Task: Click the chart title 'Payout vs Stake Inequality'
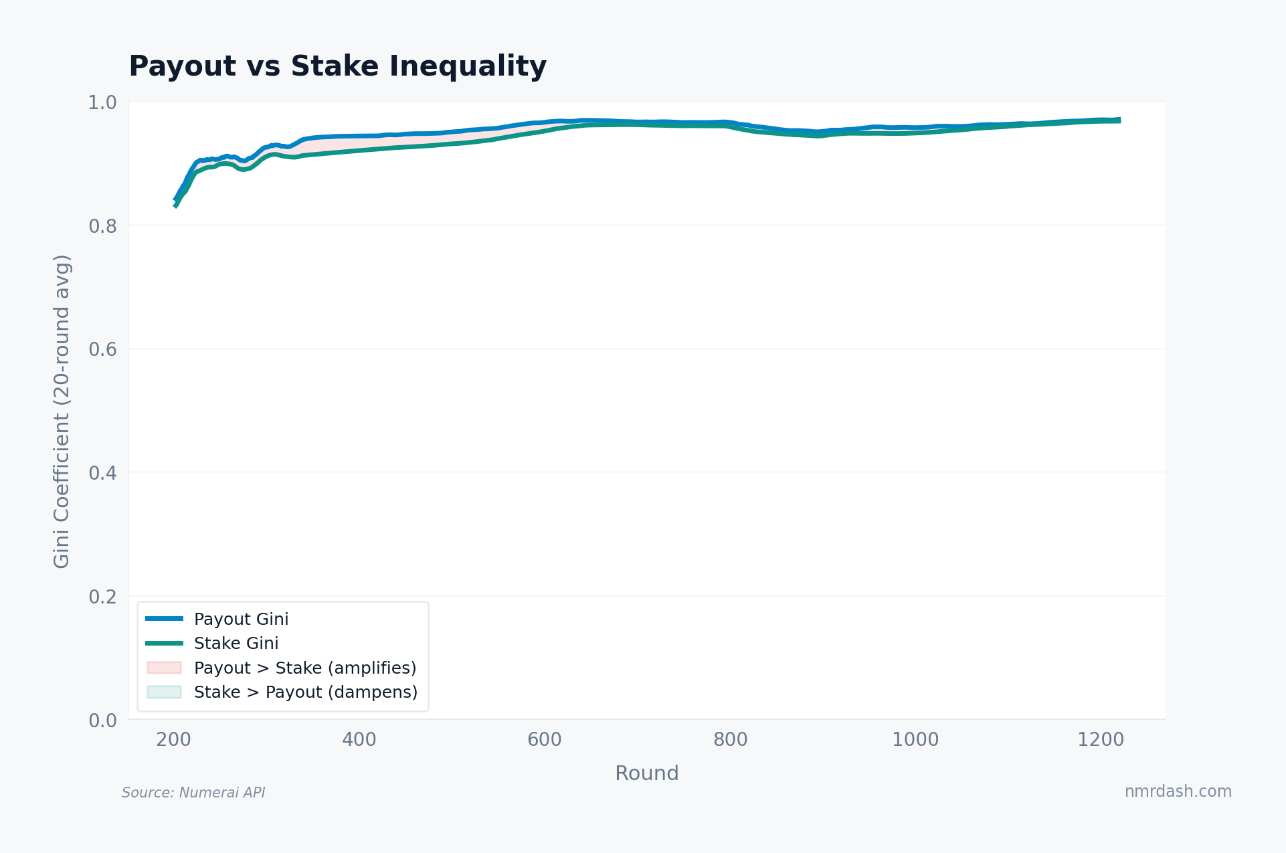337,67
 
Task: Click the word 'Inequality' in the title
468,67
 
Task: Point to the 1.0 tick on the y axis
102,102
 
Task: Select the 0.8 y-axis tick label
102,226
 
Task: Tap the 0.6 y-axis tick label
102,349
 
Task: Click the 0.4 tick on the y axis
102,473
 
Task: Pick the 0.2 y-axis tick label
102,596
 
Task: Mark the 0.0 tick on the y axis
102,720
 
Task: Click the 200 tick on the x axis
173,739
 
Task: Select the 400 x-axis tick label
359,739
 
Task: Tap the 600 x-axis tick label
545,739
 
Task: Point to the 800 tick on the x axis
730,739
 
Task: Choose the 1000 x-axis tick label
915,739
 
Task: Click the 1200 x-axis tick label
1101,739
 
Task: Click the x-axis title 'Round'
646,773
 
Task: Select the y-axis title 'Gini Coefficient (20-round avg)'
62,411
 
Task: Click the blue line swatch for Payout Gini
164,619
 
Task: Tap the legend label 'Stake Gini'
236,643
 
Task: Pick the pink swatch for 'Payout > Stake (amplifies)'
164,668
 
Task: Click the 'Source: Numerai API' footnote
193,793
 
